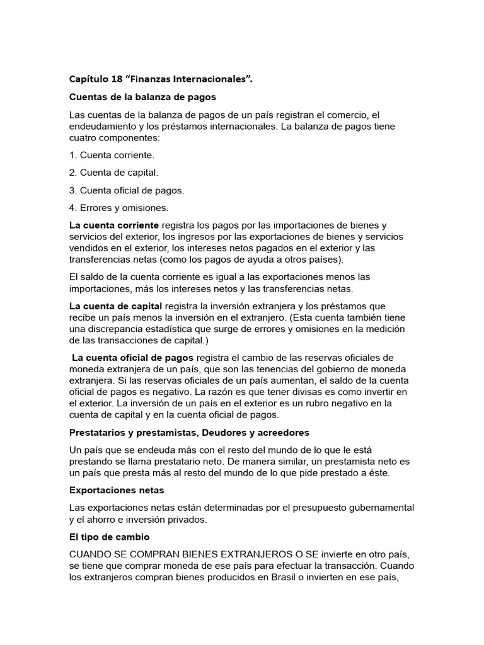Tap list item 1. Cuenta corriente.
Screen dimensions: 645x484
[x=111, y=154]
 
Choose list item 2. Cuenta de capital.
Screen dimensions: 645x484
[x=113, y=172]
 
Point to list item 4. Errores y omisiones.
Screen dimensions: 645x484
[x=118, y=208]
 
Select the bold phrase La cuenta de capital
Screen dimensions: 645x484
[x=115, y=305]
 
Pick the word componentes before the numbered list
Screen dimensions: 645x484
[x=129, y=138]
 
